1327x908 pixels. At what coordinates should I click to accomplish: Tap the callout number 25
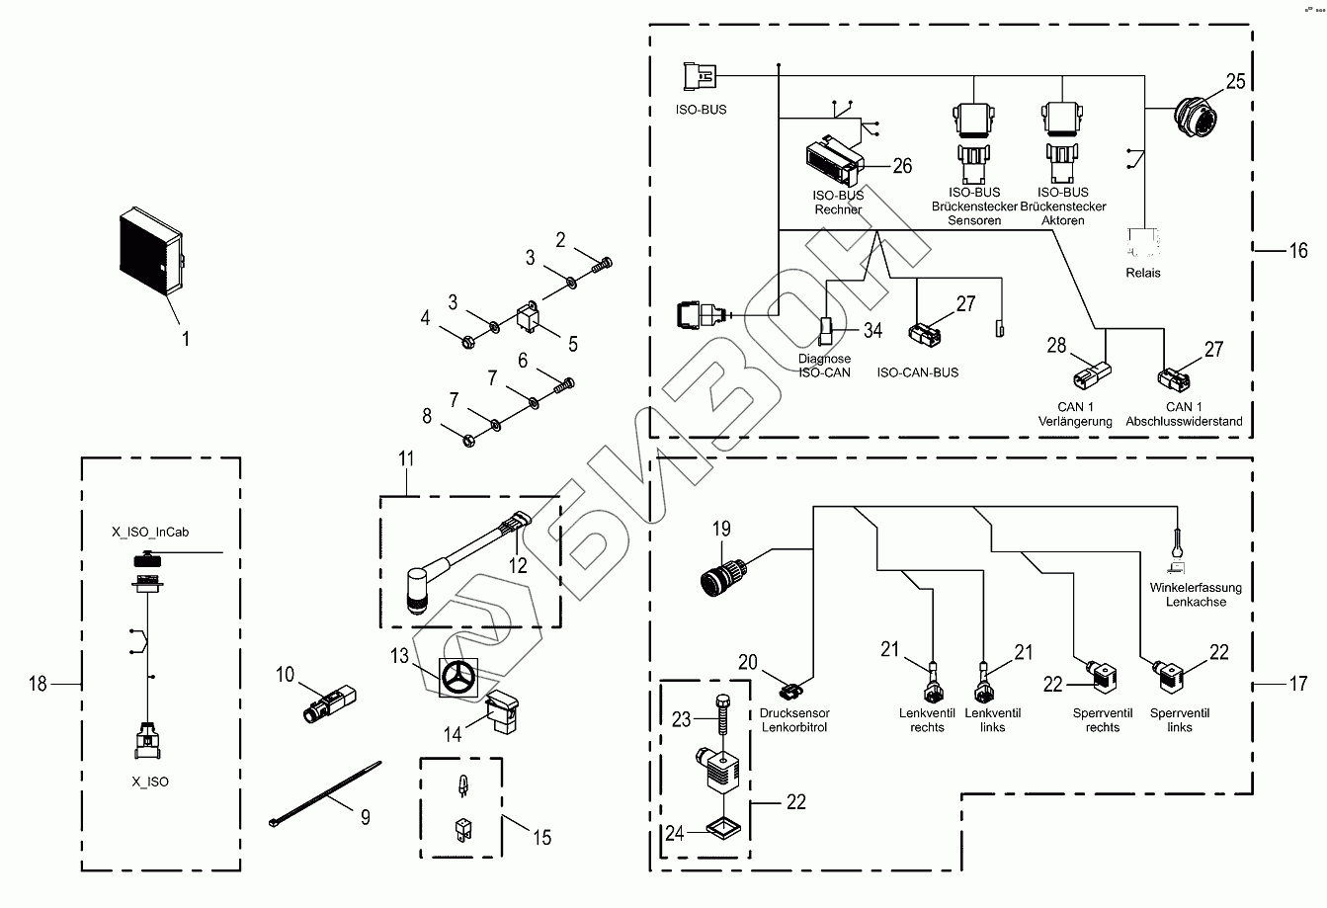click(1236, 81)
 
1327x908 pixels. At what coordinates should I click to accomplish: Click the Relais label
click(1144, 273)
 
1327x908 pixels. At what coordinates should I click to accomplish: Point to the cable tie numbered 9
click(325, 791)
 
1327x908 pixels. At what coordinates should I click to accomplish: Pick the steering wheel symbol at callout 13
click(457, 678)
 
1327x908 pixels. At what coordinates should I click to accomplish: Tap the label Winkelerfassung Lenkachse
click(1196, 595)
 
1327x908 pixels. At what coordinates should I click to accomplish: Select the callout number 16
click(1297, 251)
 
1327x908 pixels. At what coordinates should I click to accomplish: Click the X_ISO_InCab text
click(150, 532)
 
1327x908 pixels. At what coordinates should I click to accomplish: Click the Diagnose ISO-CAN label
click(824, 366)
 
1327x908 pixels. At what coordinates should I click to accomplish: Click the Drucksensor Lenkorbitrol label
click(795, 720)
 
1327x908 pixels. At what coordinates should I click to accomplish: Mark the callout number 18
click(38, 683)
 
